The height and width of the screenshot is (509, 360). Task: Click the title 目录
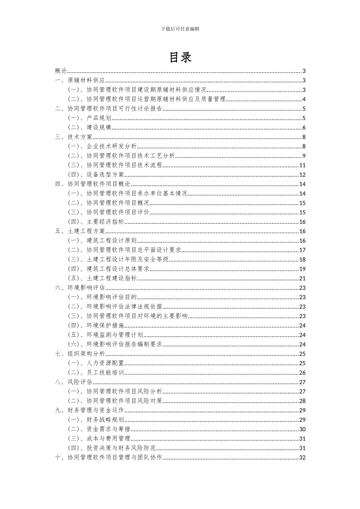[x=180, y=57]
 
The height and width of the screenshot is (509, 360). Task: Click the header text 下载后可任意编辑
[x=180, y=29]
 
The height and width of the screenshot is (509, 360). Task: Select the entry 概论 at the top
[x=61, y=71]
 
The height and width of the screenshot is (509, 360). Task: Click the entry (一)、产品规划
[x=89, y=118]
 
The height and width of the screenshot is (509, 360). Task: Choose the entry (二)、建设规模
[x=89, y=128]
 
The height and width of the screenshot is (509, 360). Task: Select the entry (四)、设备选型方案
[x=96, y=175]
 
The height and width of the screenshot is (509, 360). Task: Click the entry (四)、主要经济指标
[x=96, y=222]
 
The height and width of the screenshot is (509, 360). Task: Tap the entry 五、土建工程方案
[x=80, y=231]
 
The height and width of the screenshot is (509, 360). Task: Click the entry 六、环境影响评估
[x=80, y=288]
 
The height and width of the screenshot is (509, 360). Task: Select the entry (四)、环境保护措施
[x=96, y=325]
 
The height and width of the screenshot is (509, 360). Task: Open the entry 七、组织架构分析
[x=80, y=354]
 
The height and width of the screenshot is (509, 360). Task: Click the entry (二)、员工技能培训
[x=96, y=373]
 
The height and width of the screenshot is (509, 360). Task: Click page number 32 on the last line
[x=302, y=457]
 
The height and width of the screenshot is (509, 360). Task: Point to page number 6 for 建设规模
[x=304, y=128]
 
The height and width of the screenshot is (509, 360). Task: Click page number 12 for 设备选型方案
[x=302, y=175]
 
